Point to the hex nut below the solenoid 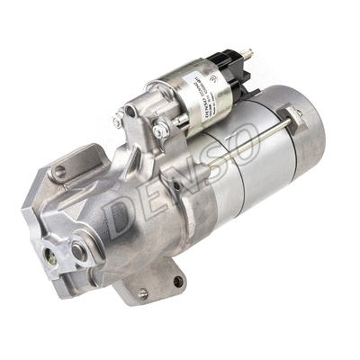pyautogui.click(x=160, y=131)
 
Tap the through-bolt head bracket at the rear pyautogui.click(x=293, y=112)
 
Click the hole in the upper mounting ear pyautogui.click(x=59, y=170)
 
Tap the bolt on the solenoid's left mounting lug pyautogui.click(x=118, y=121)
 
